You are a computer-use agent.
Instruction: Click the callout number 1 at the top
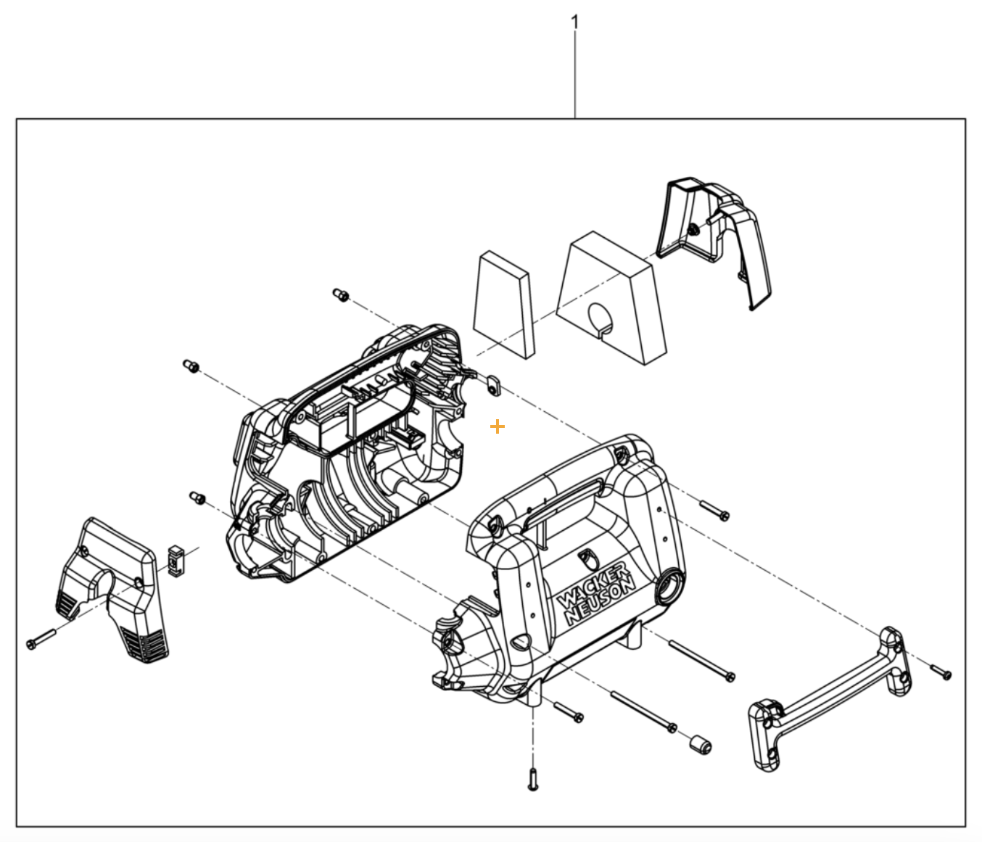pos(575,22)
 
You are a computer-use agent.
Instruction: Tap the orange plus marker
pos(498,427)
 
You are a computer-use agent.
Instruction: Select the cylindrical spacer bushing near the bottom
pos(699,744)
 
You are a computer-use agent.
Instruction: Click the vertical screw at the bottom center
pos(533,779)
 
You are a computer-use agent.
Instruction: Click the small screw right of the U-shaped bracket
pos(941,672)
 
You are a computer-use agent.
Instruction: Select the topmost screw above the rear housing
pos(339,294)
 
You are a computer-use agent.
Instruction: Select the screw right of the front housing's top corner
pos(714,511)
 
